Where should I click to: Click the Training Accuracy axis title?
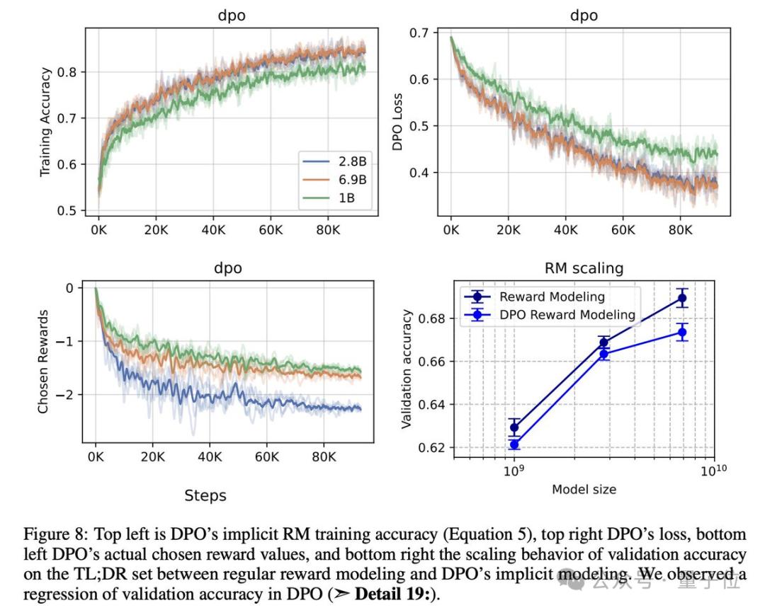coord(46,122)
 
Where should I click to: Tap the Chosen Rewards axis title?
coord(44,361)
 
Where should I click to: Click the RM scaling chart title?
coord(584,268)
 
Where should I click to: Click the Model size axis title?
coord(584,490)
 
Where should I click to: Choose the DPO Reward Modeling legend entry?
coord(567,315)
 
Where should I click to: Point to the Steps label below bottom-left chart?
coord(205,496)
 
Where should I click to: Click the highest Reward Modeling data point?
coord(682,297)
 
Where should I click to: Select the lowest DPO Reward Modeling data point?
coord(514,445)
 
